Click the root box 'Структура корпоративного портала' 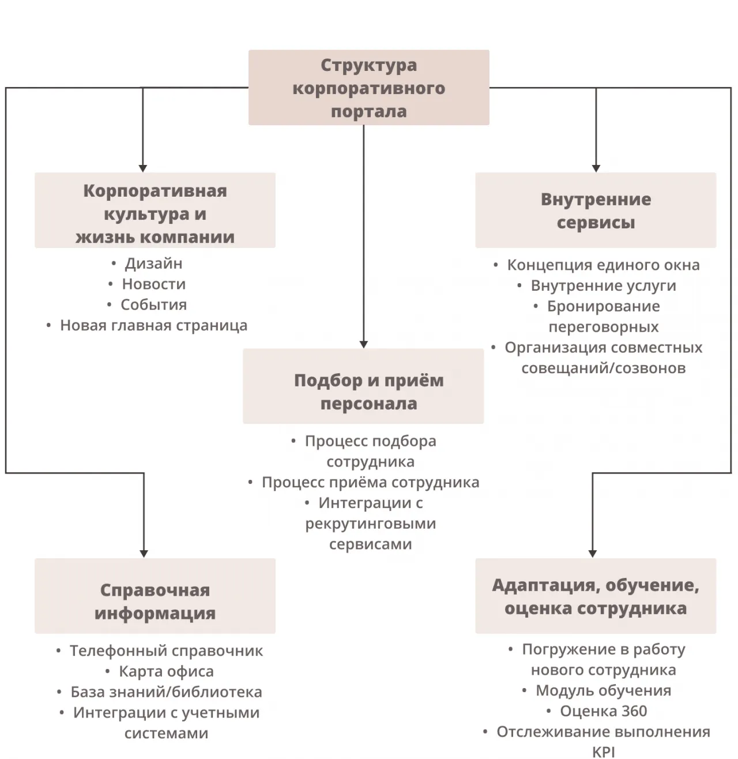click(368, 88)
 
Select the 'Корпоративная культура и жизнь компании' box click(155, 211)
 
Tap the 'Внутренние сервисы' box click(596, 211)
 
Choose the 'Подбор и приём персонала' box click(363, 386)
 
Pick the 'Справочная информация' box click(155, 596)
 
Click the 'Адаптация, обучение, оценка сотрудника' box click(596, 596)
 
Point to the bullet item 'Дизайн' click(153, 264)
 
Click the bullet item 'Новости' click(153, 284)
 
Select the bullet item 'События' click(153, 305)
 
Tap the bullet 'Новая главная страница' click(153, 325)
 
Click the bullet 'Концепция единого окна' click(603, 265)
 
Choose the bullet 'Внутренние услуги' click(603, 285)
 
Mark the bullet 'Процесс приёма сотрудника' click(370, 482)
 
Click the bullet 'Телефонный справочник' click(166, 651)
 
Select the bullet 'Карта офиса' click(166, 671)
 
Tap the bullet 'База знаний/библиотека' click(166, 692)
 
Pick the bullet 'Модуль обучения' click(603, 690)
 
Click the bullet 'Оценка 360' click(603, 711)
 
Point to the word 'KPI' click(603, 752)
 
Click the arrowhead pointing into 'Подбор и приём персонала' click(363, 344)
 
